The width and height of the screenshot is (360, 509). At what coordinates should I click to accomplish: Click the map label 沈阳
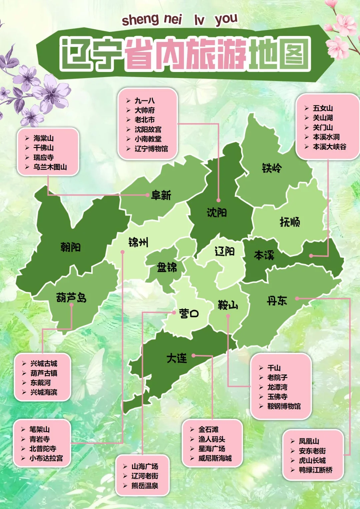tap(217, 212)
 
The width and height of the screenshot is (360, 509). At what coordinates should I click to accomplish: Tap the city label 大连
tap(177, 358)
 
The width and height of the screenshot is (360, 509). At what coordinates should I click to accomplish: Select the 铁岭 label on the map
tap(272, 168)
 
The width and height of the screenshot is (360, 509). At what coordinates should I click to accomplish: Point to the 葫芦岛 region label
tap(71, 297)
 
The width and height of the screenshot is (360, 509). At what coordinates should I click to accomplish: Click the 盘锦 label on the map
tap(167, 267)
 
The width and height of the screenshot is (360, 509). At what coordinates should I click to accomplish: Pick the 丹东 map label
tap(277, 301)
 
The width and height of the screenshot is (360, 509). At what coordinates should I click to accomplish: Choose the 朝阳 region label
tap(70, 247)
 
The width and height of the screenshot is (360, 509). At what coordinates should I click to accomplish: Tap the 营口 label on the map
tap(189, 313)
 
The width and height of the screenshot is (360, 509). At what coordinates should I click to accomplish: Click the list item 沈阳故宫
tap(148, 129)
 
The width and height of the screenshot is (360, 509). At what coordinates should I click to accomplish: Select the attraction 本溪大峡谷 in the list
tap(329, 147)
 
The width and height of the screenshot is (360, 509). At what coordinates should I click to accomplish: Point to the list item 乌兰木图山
tap(50, 167)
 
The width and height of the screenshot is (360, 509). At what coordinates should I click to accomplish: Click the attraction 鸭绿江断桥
tap(315, 470)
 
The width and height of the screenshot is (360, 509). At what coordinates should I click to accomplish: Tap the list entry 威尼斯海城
tap(215, 458)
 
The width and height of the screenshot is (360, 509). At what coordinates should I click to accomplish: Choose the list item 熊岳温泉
tap(145, 486)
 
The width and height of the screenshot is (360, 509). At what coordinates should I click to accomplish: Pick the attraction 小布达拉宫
tap(46, 458)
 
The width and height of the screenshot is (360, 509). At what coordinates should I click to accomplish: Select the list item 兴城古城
tap(44, 363)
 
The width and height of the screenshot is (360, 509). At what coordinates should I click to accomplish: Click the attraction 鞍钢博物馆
tap(284, 406)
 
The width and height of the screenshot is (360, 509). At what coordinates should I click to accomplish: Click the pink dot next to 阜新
tap(147, 195)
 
